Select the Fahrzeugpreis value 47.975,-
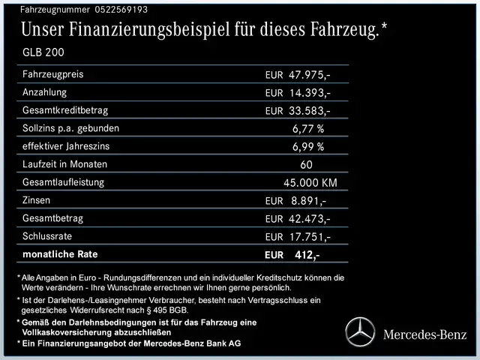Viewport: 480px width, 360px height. click(309, 76)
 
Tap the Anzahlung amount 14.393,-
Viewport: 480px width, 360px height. click(309, 93)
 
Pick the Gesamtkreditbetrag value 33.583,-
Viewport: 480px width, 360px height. click(309, 111)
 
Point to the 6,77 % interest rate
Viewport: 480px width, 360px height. click(307, 129)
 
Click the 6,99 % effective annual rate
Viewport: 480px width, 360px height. click(307, 147)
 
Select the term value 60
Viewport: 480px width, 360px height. click(306, 165)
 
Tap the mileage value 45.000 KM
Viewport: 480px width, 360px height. click(310, 183)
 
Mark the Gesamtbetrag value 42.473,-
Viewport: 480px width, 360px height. click(309, 219)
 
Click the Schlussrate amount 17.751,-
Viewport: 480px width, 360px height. click(309, 237)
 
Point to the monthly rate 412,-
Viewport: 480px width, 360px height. click(307, 255)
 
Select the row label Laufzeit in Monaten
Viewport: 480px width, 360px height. click(65, 164)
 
